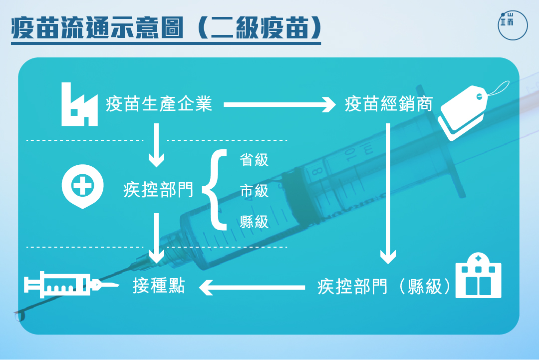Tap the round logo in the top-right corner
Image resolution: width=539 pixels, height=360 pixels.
[513, 25]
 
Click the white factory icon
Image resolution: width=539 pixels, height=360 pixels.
[79, 104]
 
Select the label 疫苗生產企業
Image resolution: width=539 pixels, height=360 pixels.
[159, 104]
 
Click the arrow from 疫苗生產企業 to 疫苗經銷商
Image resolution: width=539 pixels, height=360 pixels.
[279, 104]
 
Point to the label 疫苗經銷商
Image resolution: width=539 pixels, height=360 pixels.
[389, 104]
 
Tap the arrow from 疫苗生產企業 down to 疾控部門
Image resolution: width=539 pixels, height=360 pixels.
[156, 145]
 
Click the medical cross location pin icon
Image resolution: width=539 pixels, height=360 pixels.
[82, 186]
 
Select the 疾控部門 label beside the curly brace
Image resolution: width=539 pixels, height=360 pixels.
[159, 190]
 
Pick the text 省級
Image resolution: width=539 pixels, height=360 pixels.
[254, 160]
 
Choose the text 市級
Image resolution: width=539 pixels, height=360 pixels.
[254, 191]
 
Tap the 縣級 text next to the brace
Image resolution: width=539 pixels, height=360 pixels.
[254, 221]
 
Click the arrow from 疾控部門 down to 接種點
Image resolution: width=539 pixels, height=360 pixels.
[156, 238]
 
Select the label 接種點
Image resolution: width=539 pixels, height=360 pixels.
[159, 286]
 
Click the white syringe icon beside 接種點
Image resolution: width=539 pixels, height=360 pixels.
[71, 285]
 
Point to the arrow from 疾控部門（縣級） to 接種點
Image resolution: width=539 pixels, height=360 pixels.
[252, 288]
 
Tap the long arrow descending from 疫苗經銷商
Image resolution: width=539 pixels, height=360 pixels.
[388, 194]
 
